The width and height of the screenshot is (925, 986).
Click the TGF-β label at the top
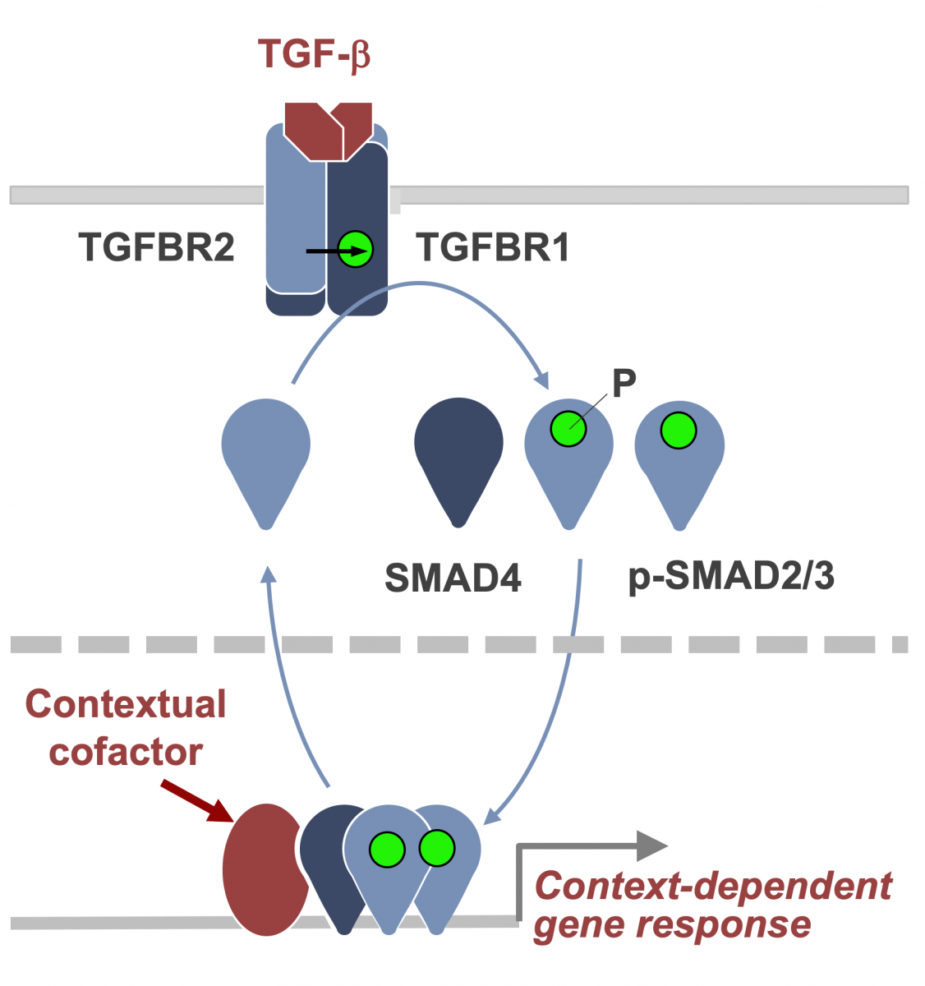point(314,54)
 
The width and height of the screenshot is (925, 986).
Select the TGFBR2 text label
point(156,247)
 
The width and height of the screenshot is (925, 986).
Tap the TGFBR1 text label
point(493,247)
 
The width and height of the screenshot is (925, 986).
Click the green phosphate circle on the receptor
point(356,249)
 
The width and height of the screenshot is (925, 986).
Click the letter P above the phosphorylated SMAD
point(624,384)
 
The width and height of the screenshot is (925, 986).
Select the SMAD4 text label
point(453,578)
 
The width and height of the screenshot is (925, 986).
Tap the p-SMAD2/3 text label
point(731,576)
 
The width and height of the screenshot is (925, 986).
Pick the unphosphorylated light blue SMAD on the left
point(266,456)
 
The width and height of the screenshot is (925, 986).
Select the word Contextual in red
point(126,704)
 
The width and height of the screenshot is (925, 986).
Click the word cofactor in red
point(126,752)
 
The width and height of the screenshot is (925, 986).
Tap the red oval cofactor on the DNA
point(261,869)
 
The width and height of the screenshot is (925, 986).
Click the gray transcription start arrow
point(591,846)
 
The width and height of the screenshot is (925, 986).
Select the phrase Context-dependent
point(713,887)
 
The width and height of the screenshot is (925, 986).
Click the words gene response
point(672,925)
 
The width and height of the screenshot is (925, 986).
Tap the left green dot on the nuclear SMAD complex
point(387,850)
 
